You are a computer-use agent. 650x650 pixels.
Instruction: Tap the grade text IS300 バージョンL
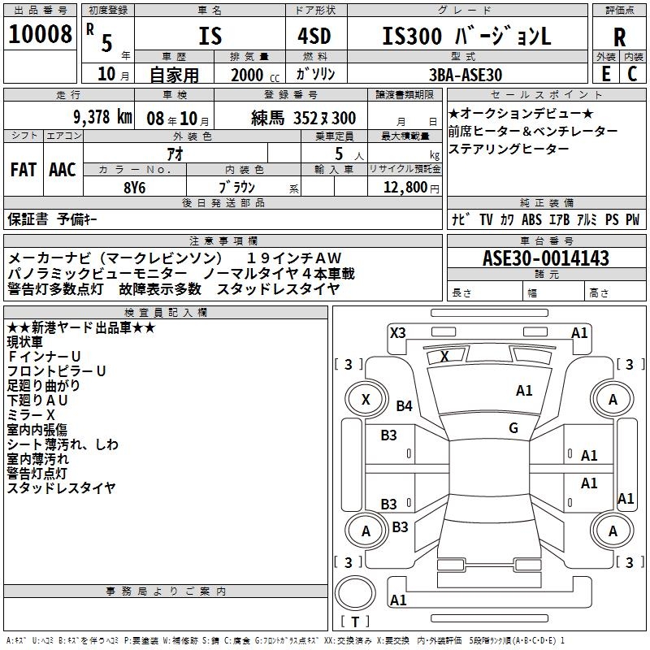(466, 36)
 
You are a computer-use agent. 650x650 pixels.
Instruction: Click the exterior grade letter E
(605, 73)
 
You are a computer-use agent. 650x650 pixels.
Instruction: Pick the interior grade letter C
(632, 73)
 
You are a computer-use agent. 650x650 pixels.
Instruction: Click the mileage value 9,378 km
(102, 117)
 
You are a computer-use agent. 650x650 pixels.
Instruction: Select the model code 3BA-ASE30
(465, 74)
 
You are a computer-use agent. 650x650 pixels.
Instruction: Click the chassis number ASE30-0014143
(545, 258)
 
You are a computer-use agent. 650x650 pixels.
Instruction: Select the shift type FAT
(24, 169)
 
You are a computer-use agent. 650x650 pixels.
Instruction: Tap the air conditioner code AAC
(63, 169)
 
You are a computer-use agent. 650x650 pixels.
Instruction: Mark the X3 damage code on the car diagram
(397, 332)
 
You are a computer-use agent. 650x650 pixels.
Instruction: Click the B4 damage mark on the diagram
(404, 405)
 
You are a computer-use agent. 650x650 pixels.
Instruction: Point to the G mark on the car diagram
(513, 427)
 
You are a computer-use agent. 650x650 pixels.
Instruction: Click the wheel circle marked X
(366, 399)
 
